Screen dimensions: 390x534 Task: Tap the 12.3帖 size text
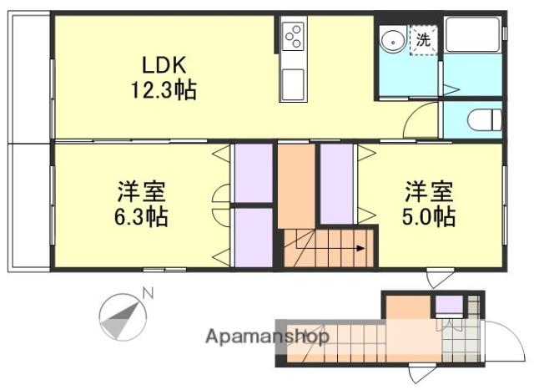click(x=162, y=89)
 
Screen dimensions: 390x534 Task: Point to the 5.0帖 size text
click(x=430, y=216)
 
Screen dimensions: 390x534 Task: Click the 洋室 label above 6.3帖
click(x=140, y=191)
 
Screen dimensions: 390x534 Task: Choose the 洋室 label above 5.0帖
click(x=430, y=191)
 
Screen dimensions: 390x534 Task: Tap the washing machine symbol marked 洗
click(x=423, y=38)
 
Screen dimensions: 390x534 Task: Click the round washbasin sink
click(x=390, y=39)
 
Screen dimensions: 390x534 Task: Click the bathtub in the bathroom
click(x=472, y=34)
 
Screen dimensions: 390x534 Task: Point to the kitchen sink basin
click(x=293, y=84)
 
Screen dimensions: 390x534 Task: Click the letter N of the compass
click(x=148, y=293)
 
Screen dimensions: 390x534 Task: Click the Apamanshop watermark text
click(x=266, y=337)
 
